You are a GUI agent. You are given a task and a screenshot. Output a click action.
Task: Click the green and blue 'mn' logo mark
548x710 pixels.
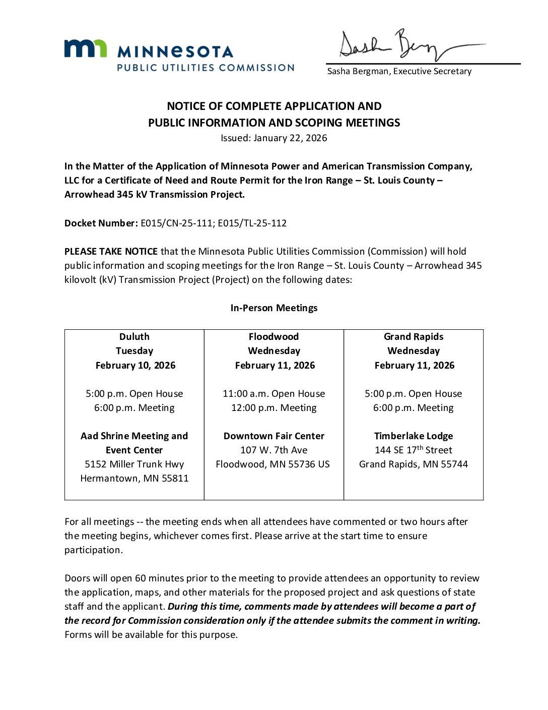pos(85,48)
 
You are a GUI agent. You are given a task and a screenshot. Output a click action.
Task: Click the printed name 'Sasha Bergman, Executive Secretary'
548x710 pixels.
pos(399,71)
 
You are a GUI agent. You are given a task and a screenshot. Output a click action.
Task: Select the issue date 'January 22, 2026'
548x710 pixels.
pos(290,138)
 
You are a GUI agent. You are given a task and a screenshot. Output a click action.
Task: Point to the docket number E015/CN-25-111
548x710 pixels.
pos(176,223)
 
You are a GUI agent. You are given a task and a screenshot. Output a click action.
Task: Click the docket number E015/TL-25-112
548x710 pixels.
pos(252,223)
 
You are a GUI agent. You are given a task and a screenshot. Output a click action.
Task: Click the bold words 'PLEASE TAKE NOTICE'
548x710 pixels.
pos(111,251)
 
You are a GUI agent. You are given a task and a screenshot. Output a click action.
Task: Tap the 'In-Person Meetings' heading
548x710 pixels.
pos(274,308)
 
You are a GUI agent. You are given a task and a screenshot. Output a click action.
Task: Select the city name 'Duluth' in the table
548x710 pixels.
pos(134,336)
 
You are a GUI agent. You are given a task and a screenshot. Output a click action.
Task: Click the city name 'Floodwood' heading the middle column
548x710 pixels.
pos(273,336)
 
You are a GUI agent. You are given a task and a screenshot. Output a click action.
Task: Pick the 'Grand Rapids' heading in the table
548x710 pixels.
pos(414,336)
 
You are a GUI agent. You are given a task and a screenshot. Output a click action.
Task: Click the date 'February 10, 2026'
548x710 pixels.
pos(135,365)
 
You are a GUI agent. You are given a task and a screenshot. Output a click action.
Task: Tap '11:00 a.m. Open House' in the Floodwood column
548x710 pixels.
pos(274,393)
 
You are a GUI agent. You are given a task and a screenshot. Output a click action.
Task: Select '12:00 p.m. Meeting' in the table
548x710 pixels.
pos(274,407)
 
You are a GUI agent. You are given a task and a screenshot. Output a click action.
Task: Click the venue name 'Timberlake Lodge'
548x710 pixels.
pos(414,436)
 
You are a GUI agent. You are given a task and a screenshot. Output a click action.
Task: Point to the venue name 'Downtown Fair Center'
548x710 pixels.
pos(274,436)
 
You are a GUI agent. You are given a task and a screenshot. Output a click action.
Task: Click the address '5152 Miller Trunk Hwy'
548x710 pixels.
pos(134,464)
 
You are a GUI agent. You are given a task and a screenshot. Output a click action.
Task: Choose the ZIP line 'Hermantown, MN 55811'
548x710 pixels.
pos(134,478)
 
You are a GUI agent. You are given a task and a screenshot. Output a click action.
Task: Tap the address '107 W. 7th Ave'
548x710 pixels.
pos(274,450)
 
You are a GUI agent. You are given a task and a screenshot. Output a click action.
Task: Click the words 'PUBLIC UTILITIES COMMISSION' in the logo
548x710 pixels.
pos(205,68)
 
